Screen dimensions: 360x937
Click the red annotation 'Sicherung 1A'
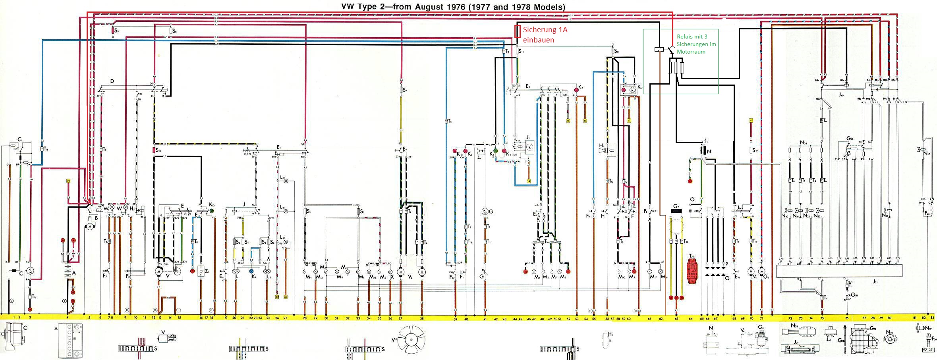click(x=545, y=30)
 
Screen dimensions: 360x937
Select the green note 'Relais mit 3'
click(x=692, y=37)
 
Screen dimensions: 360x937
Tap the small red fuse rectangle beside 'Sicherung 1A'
click(x=517, y=31)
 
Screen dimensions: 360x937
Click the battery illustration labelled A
click(x=70, y=340)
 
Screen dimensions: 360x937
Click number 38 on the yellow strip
click(x=422, y=318)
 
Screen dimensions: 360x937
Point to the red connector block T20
click(x=692, y=270)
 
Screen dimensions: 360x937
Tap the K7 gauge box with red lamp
click(x=628, y=90)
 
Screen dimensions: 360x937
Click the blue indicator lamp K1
click(x=251, y=271)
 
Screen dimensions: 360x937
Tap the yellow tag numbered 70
click(x=68, y=181)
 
